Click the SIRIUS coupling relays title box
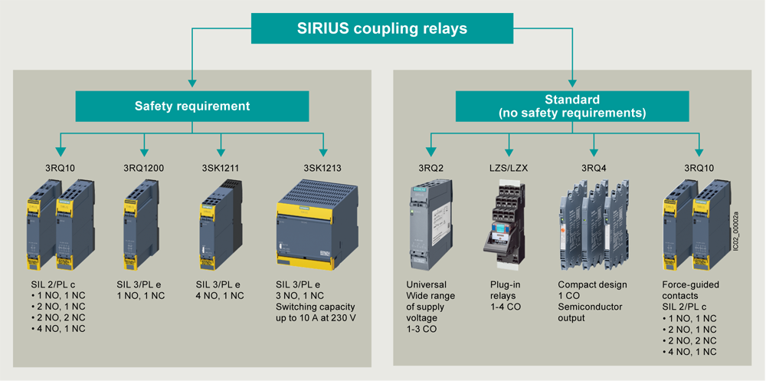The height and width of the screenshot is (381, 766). [381, 29]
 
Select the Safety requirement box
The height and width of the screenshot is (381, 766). [191, 106]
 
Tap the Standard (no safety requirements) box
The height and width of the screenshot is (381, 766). [572, 106]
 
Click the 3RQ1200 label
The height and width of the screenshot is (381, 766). [143, 167]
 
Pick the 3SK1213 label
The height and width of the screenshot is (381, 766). [322, 167]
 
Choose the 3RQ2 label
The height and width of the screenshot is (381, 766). [430, 167]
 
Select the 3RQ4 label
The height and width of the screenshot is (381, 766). [593, 167]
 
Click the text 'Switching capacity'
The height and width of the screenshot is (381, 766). [313, 307]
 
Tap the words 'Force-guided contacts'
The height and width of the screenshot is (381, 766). [690, 291]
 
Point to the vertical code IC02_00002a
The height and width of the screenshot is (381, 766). [736, 231]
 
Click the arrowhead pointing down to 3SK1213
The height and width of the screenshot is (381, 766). [322, 152]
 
